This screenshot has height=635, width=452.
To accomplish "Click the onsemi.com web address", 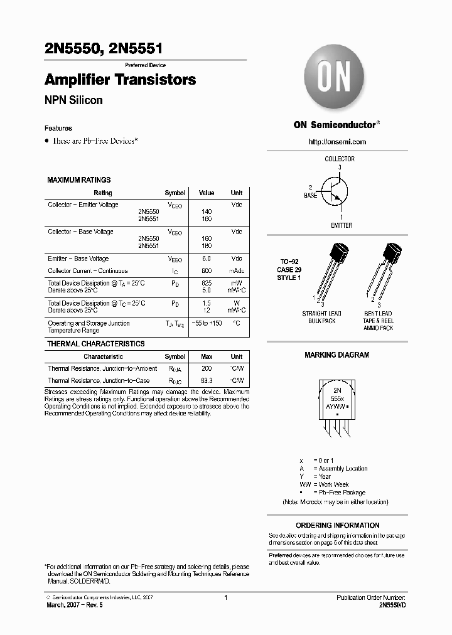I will coord(337,142).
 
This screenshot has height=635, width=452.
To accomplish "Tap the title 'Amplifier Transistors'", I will coord(120,80).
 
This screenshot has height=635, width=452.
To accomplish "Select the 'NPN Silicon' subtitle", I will coord(73,100).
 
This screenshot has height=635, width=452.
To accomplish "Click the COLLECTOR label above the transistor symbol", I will coord(339,159).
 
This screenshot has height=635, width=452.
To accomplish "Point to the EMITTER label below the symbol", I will coord(342,225).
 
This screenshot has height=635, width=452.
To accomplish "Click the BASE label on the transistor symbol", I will coord(311,196).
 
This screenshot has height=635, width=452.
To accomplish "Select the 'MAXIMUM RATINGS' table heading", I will coord(78,180).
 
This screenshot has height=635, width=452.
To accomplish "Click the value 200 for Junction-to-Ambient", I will coord(207,369).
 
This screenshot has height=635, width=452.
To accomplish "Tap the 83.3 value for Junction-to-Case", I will coord(207,381).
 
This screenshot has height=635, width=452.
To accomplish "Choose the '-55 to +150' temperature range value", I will coord(207,323).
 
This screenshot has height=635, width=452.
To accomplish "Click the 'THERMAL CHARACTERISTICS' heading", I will coord(95,344).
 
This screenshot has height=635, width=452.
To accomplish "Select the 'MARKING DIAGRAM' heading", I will coord(336,355).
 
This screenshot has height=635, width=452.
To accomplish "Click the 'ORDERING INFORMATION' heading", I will coord(337,525).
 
